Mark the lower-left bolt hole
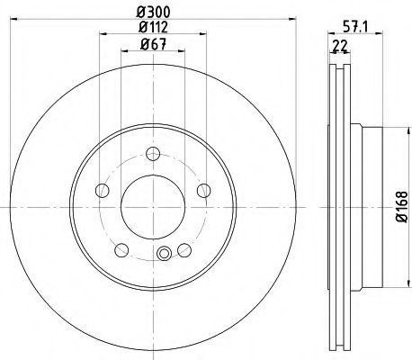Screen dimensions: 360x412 [121, 250]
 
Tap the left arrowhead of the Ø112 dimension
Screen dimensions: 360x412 [99, 35]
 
